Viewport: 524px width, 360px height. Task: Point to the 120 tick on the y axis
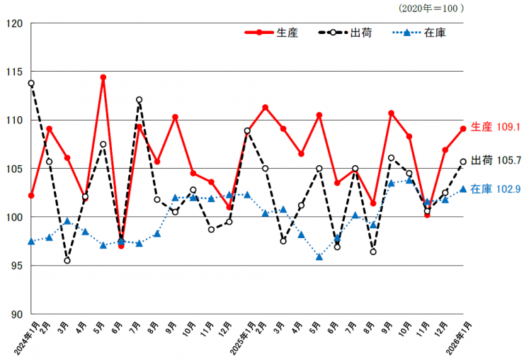[16, 23]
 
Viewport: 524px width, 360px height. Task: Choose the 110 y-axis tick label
[16, 120]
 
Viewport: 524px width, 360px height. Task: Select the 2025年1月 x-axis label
[237, 337]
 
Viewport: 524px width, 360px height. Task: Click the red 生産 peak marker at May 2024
[103, 77]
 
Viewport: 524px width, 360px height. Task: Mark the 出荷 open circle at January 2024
[31, 84]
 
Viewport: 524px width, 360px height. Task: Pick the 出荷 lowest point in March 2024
[67, 261]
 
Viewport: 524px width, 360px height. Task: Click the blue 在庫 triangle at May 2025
[319, 257]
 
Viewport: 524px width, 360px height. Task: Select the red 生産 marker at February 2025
[265, 108]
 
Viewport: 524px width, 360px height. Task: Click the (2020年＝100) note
[431, 9]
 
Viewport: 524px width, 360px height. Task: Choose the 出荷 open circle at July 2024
[139, 100]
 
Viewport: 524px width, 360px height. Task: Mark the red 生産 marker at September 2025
[391, 113]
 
